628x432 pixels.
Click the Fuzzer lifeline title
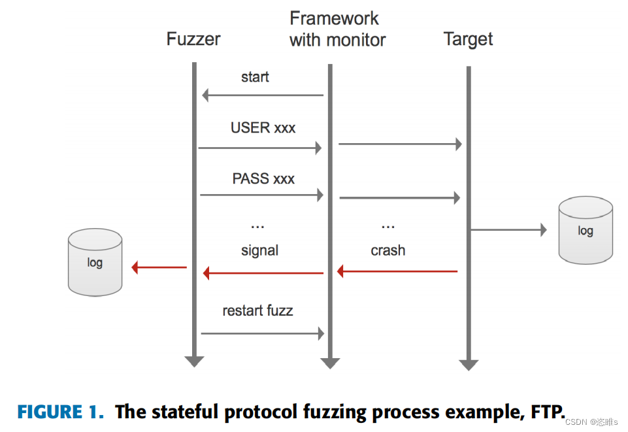193,39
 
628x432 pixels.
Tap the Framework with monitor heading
337,29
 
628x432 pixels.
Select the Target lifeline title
468,39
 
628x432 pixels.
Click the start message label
255,77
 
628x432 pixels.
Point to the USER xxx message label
263,128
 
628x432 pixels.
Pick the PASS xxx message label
263,178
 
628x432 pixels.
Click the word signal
259,250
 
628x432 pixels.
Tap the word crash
388,250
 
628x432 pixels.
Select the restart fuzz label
257,310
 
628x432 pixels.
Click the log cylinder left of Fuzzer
95,263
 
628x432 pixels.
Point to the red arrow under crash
397,271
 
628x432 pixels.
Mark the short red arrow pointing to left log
159,267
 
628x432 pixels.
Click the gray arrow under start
263,95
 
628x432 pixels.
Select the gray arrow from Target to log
508,229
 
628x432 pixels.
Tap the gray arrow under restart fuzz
263,334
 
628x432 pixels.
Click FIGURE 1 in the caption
60,412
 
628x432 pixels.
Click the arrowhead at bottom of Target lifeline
468,364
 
